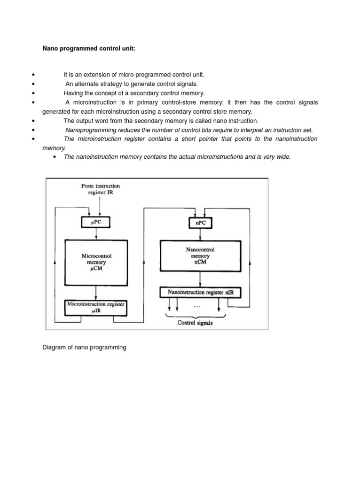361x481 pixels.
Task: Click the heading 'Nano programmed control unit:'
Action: point(89,48)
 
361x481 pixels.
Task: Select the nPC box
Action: point(201,223)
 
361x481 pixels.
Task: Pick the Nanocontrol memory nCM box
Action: point(201,256)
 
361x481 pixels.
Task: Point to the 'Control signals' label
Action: point(195,323)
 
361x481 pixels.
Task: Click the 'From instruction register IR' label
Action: point(101,189)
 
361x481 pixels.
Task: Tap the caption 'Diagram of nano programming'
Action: point(84,348)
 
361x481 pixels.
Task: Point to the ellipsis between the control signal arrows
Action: point(196,306)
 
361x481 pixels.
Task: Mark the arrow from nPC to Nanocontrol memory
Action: point(201,234)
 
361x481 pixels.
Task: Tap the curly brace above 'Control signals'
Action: point(195,316)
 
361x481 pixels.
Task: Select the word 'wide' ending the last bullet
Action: point(283,157)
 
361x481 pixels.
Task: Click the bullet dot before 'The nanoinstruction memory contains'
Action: point(55,157)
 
